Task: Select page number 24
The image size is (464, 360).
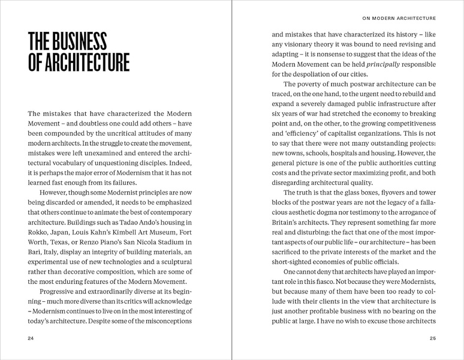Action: pyautogui.click(x=31, y=338)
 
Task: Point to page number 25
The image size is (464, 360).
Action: pyautogui.click(x=433, y=338)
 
